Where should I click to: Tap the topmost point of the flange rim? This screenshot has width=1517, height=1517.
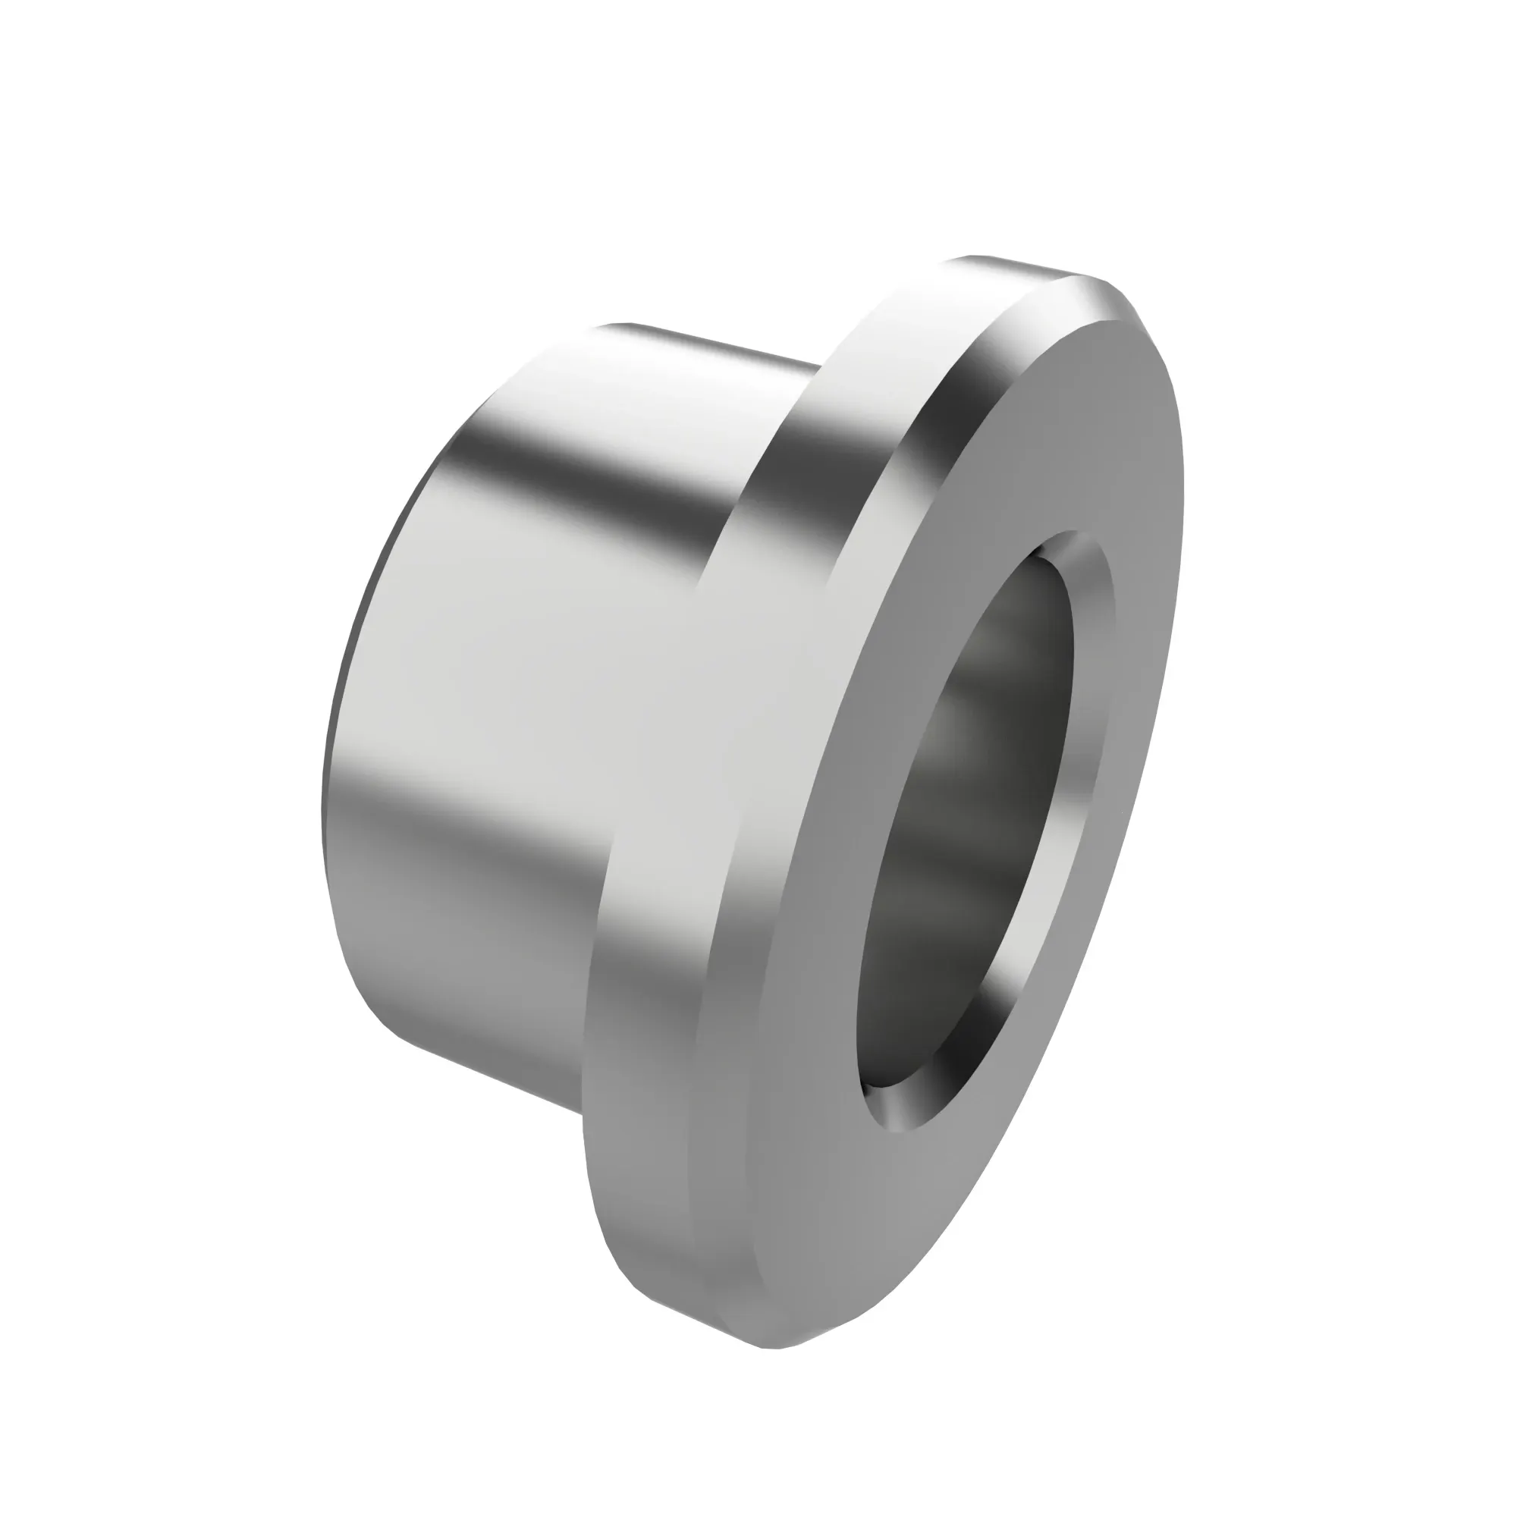click(x=974, y=257)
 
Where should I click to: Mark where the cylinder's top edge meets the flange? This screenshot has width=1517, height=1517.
click(x=821, y=363)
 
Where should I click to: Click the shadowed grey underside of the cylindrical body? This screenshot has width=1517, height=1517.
click(x=471, y=966)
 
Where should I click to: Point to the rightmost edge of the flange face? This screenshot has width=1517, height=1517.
click(x=1182, y=487)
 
